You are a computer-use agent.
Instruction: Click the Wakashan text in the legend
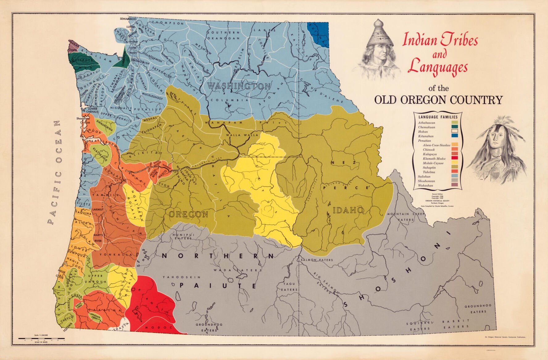tap(426, 186)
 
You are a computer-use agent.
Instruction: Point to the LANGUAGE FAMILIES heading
tap(438, 117)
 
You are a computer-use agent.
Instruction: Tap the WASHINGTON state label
tap(239, 86)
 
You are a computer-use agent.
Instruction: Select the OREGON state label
tap(188, 214)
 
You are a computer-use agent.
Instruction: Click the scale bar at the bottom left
tap(41, 339)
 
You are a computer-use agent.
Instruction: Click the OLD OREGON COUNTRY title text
tap(438, 100)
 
